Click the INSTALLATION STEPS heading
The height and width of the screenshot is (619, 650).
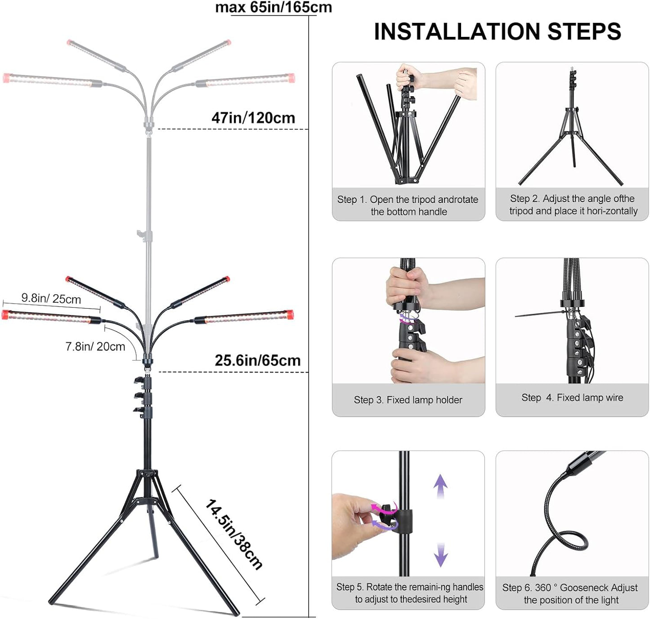coord(497,31)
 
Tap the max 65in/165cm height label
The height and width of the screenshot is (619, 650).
coord(273,7)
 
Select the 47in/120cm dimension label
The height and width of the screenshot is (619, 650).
coord(253,118)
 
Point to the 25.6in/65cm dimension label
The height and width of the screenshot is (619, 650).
coord(257,360)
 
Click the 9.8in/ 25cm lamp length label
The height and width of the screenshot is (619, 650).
coord(51,298)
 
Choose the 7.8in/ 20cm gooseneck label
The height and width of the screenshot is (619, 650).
coord(95,346)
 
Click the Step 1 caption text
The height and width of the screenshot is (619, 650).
coord(408,206)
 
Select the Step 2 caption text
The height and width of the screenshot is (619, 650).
coord(573,205)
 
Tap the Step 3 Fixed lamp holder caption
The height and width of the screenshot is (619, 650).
coord(408,400)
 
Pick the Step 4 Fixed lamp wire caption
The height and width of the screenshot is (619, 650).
coord(572,398)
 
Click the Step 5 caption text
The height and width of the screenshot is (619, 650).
coord(409,593)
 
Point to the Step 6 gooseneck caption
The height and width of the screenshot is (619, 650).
coord(570,594)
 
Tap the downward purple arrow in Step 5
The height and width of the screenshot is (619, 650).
coord(440,555)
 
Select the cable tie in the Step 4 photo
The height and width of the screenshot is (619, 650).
coord(538,314)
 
